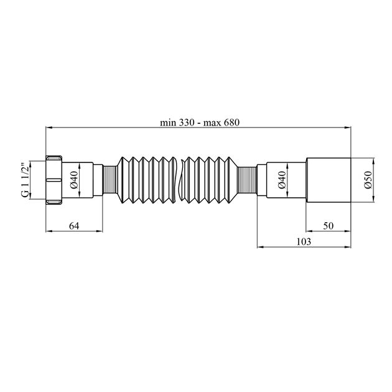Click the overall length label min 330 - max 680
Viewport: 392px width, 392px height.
200,123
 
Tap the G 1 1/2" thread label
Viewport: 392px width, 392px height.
26,180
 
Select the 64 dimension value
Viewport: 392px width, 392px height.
74,226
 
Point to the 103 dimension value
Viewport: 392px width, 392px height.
304,241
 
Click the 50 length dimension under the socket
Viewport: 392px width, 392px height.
329,226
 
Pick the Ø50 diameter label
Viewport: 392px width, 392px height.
368,180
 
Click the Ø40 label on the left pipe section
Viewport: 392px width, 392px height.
74,180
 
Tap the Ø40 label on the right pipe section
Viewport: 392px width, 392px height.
282,180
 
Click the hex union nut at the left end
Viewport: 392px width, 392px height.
54,180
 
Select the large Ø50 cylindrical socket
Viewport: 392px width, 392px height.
329,180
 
